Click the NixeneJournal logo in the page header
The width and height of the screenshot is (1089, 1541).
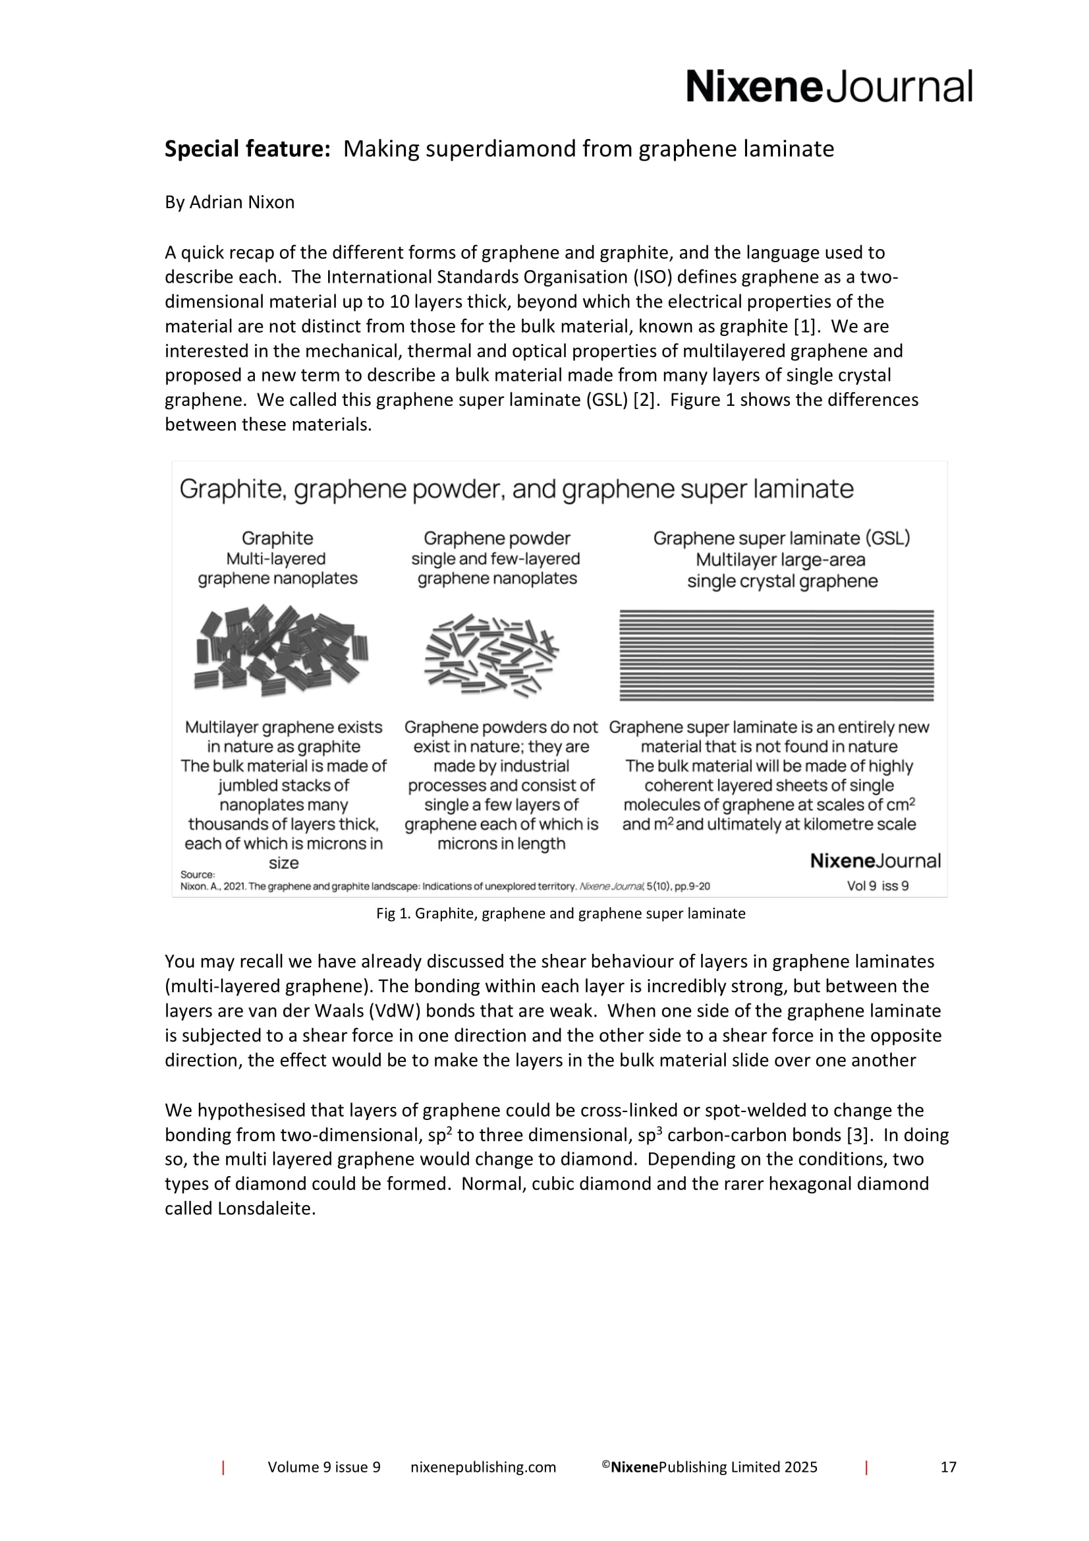[829, 87]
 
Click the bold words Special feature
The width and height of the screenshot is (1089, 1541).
[247, 148]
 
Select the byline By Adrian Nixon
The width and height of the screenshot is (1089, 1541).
[229, 202]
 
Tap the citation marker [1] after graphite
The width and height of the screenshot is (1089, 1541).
[804, 326]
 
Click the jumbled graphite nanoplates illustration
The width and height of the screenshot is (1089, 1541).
[282, 650]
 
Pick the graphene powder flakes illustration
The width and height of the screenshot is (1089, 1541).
[492, 655]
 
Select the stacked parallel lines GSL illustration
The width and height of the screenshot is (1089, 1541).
[776, 655]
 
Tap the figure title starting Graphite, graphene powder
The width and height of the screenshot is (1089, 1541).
[516, 489]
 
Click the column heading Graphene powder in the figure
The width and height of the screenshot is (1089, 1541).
[497, 538]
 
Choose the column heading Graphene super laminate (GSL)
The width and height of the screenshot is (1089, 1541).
[782, 538]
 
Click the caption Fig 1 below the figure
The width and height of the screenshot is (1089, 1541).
[560, 913]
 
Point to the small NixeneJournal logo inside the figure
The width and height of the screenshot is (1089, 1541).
[875, 861]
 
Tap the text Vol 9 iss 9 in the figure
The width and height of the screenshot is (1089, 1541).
[878, 886]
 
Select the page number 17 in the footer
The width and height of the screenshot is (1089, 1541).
[948, 1467]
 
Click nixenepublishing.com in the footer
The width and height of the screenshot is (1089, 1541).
[483, 1467]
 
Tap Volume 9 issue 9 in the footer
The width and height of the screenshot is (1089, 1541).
[324, 1467]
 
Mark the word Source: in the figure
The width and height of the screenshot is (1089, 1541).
[197, 874]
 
